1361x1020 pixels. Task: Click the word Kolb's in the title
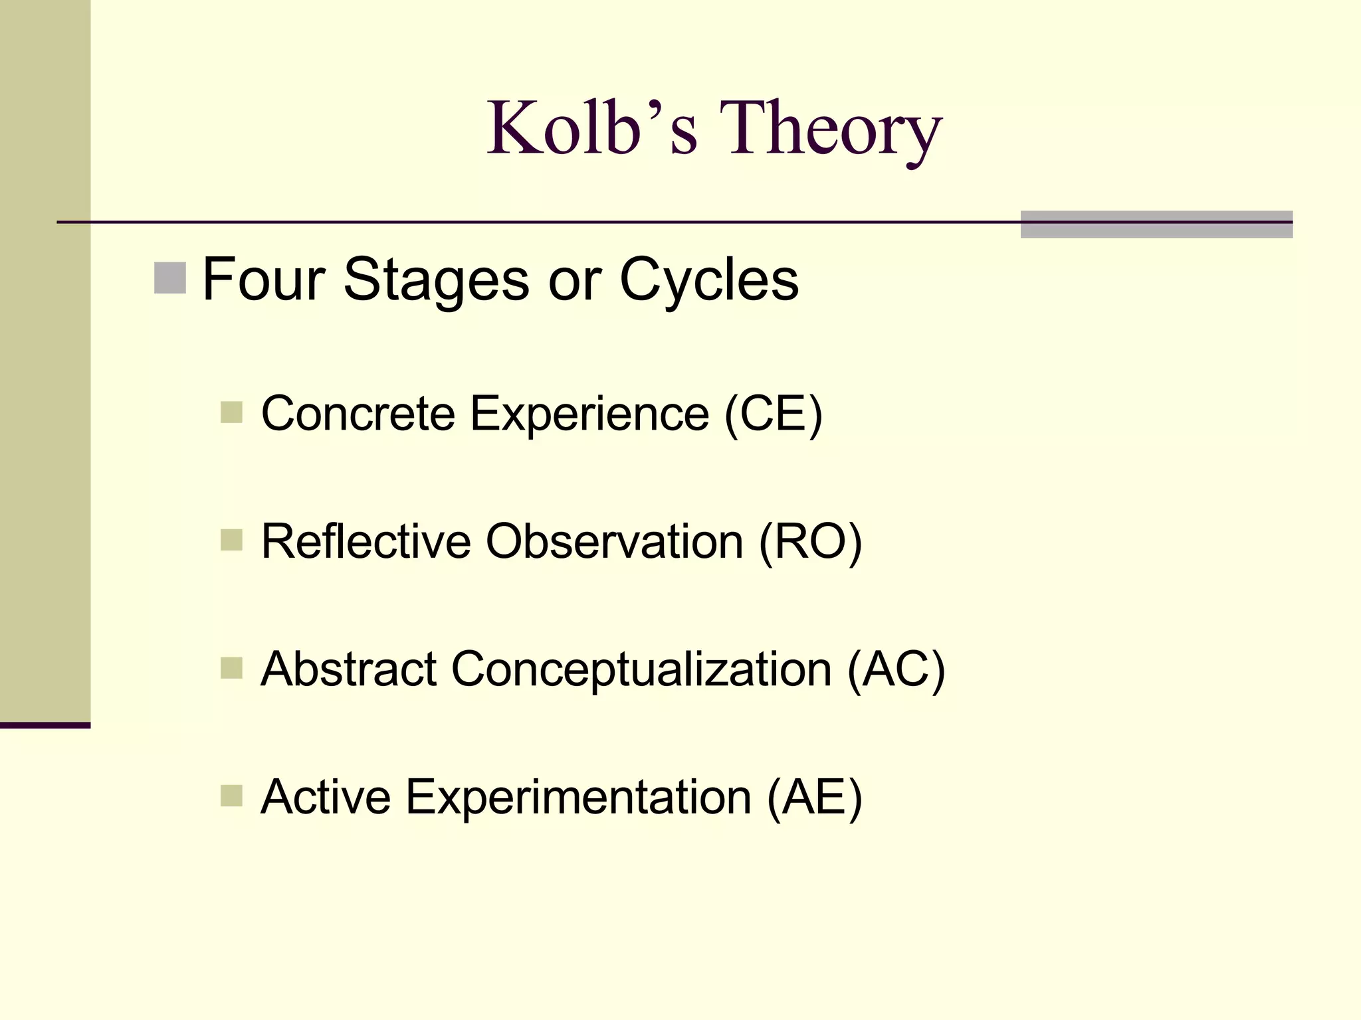click(592, 127)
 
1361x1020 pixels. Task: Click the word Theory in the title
click(830, 129)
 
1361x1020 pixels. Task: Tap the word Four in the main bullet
click(263, 280)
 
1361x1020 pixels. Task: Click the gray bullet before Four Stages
click(169, 278)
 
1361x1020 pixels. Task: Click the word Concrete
click(358, 414)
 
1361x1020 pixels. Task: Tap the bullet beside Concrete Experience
click(231, 412)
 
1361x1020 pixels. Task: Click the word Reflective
click(366, 541)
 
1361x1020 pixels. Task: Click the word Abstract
click(348, 669)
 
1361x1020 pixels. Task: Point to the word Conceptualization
click(641, 670)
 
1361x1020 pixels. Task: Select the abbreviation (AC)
click(896, 670)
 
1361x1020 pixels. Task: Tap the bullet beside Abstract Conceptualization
click(231, 667)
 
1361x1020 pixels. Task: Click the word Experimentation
click(578, 797)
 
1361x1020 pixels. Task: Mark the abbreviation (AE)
click(814, 798)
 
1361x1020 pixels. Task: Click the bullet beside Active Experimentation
click(231, 795)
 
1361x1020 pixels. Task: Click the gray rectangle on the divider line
click(1156, 224)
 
